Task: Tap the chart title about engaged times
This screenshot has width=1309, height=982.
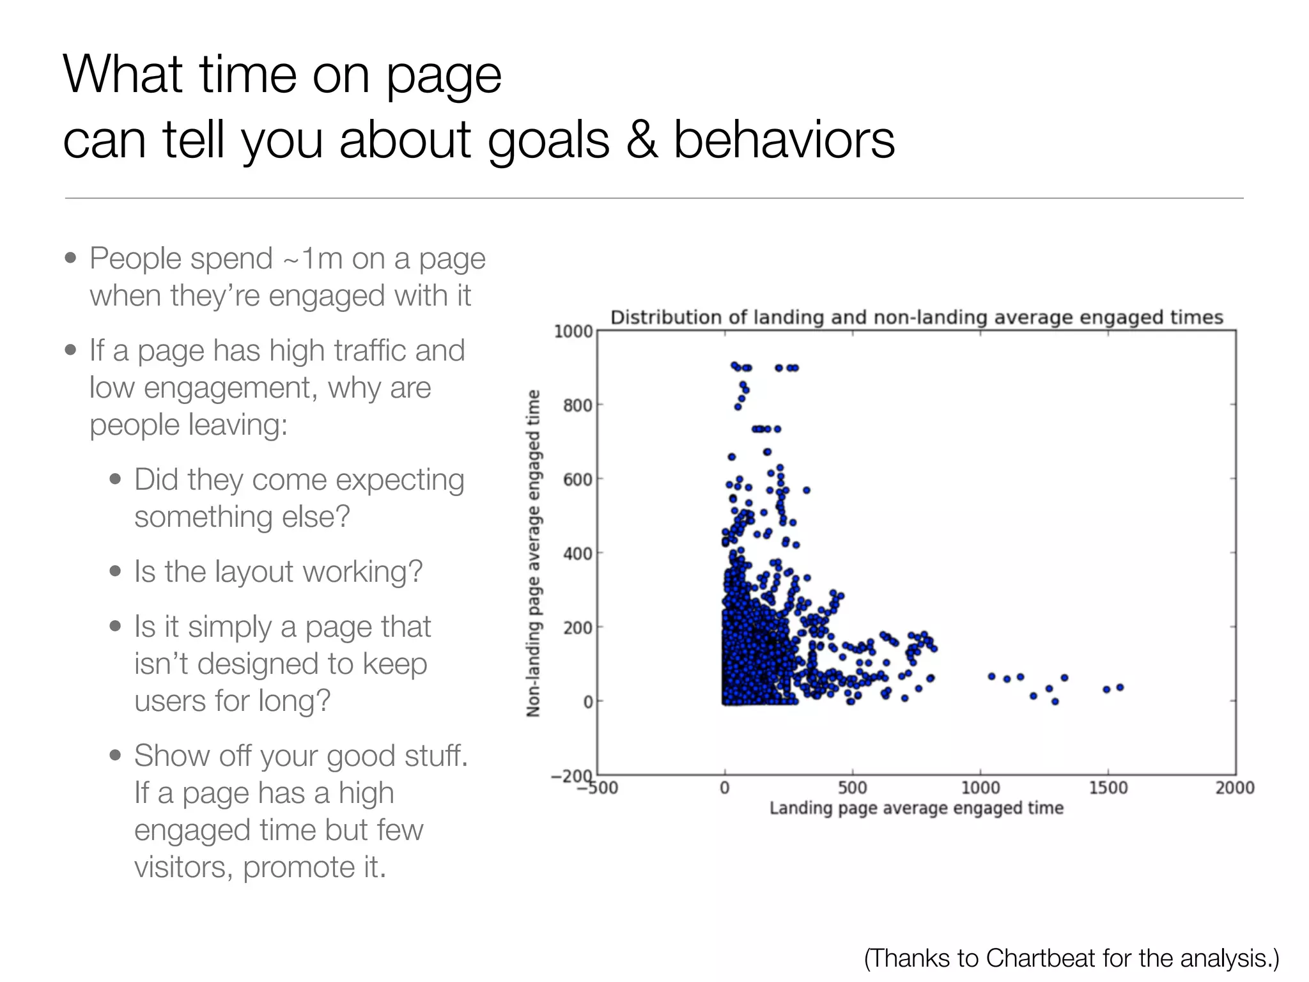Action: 916,317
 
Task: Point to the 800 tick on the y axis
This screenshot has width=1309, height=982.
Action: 577,405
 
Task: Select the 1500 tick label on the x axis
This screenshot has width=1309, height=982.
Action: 1108,788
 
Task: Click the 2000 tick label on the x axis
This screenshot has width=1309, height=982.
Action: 1234,788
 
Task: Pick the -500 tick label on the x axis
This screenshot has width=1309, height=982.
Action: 598,788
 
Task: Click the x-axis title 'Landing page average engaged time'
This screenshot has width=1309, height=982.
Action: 916,808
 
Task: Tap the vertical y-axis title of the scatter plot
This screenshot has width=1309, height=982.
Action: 533,553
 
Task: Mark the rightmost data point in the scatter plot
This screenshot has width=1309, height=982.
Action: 1120,687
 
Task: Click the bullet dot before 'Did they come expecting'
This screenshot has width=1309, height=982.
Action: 115,479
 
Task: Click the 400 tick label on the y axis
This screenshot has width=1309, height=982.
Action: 577,553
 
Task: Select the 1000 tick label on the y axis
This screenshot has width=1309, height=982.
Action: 573,331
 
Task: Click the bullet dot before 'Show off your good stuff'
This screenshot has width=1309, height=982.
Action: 115,756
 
